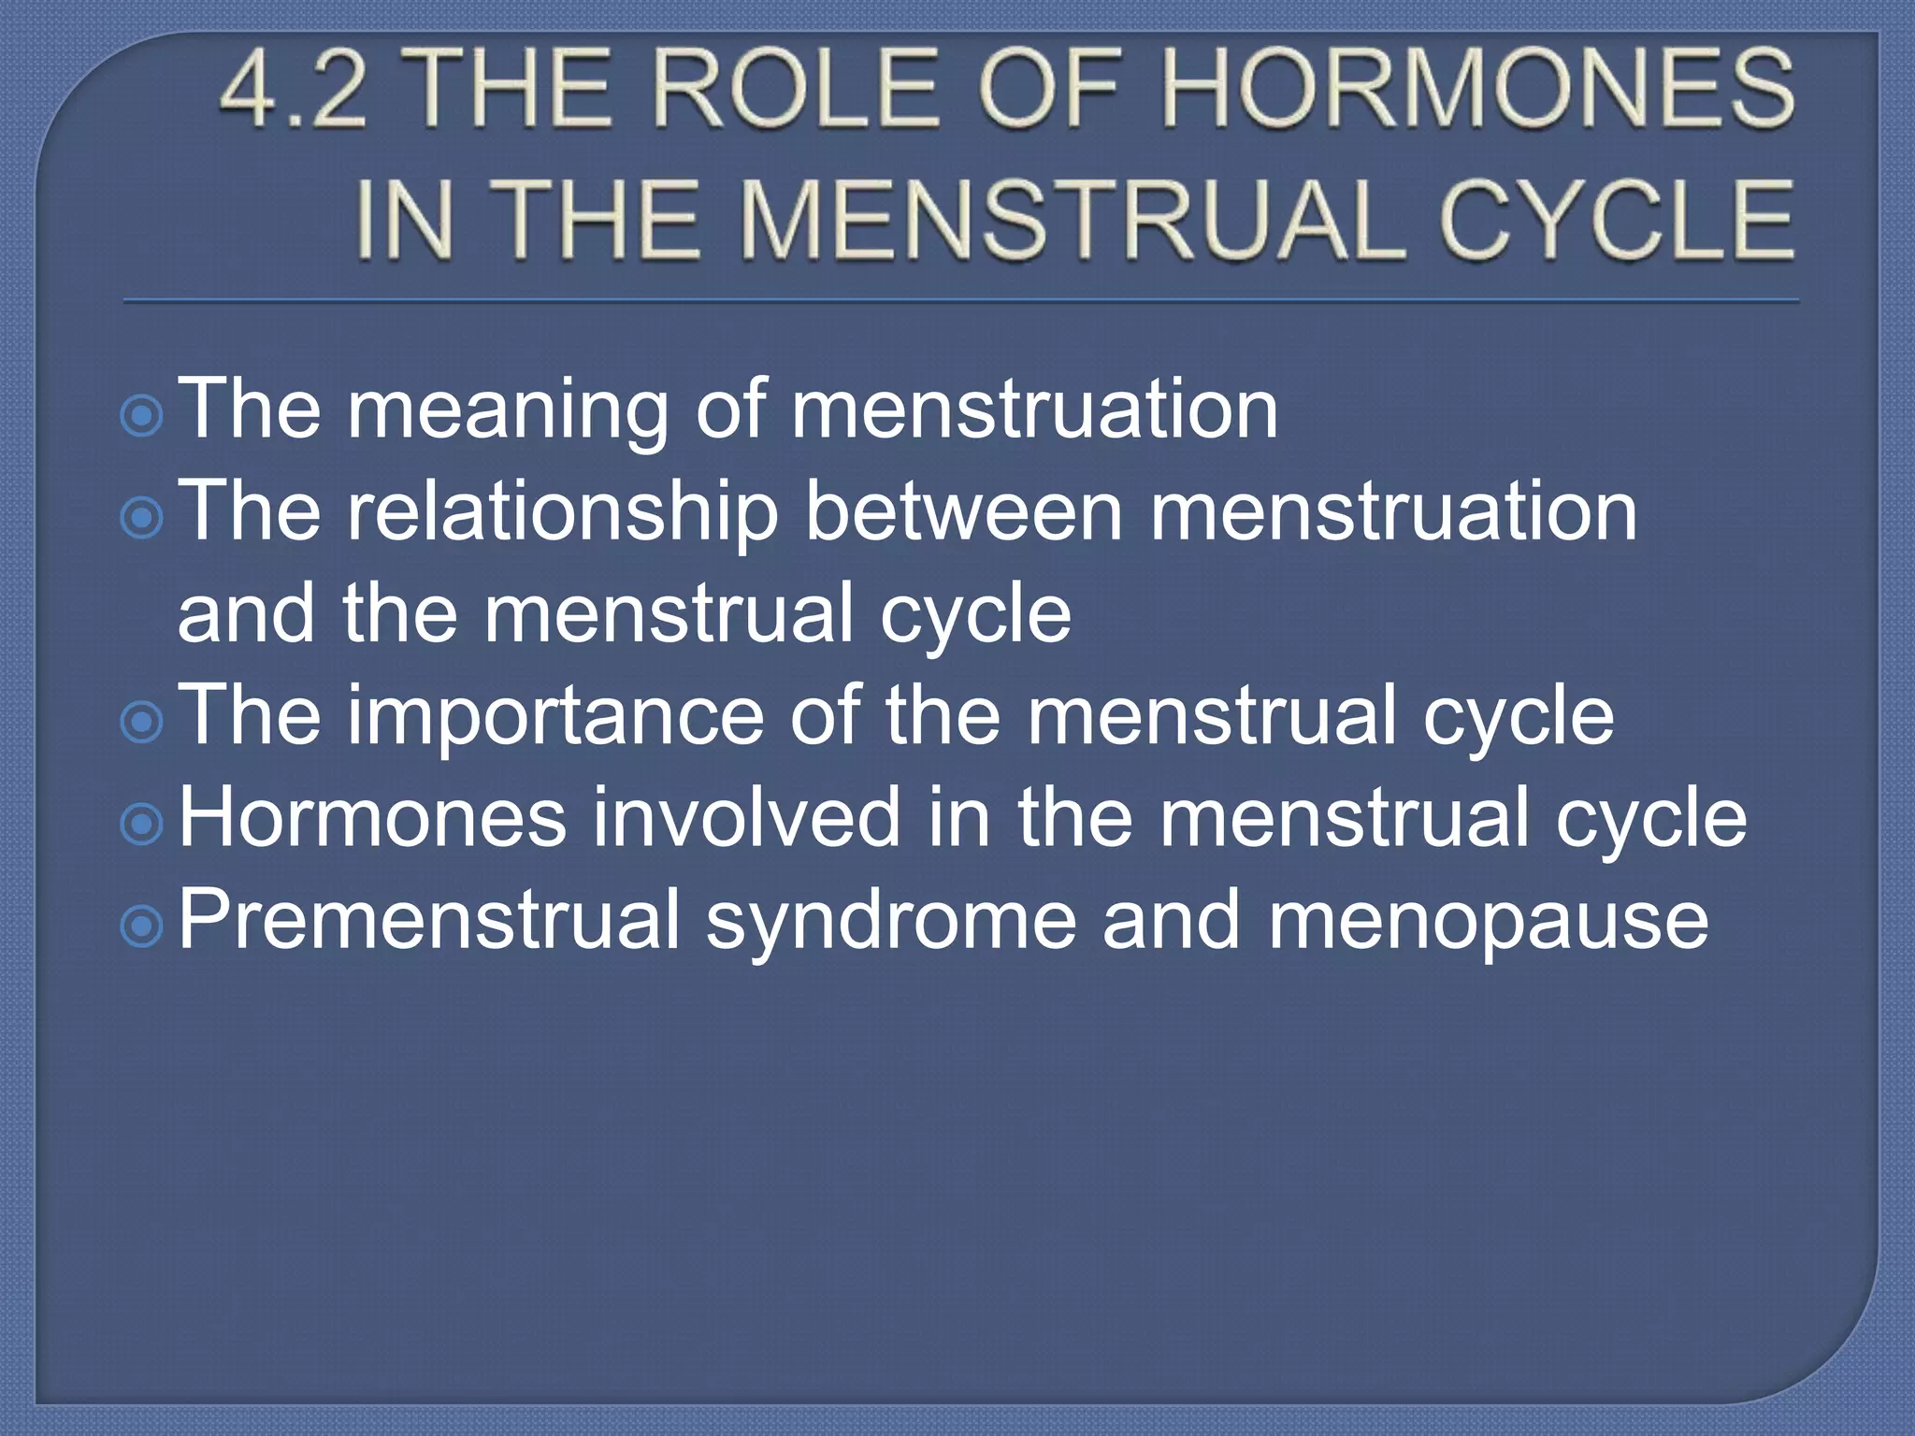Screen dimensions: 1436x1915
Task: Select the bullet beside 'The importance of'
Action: tap(143, 722)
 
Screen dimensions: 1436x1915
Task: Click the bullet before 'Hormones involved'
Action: tap(143, 824)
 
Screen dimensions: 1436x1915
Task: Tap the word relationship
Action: tap(562, 512)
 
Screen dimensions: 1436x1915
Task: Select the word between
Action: tap(963, 512)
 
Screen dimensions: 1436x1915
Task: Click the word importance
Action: tap(555, 716)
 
